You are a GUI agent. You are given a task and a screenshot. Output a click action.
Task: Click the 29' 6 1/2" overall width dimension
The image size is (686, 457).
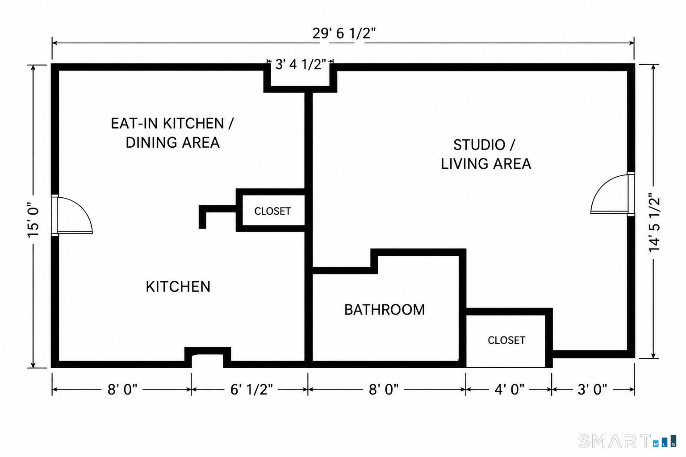pyautogui.click(x=343, y=33)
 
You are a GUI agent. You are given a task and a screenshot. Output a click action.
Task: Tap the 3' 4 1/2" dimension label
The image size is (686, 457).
pyautogui.click(x=301, y=64)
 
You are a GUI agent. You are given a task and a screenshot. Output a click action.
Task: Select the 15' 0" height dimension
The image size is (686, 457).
pyautogui.click(x=33, y=220)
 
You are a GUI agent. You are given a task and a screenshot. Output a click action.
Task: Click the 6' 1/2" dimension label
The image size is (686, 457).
pyautogui.click(x=251, y=389)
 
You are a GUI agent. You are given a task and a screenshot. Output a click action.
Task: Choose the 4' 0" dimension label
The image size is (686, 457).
pyautogui.click(x=509, y=389)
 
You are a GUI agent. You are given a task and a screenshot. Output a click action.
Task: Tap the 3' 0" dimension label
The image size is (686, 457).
pyautogui.click(x=592, y=389)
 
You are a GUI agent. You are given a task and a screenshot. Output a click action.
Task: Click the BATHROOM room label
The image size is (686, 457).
pyautogui.click(x=385, y=310)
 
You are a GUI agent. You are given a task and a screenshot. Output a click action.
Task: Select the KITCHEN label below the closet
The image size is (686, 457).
pyautogui.click(x=178, y=287)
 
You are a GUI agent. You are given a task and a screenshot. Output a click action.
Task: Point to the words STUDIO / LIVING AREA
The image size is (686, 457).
pyautogui.click(x=486, y=154)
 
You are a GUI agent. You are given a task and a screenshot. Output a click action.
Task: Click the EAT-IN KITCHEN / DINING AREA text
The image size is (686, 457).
pyautogui.click(x=172, y=133)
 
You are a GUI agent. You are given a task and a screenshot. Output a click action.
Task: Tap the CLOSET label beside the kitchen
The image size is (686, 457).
pyautogui.click(x=272, y=211)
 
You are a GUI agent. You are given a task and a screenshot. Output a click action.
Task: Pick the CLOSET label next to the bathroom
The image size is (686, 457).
pyautogui.click(x=506, y=341)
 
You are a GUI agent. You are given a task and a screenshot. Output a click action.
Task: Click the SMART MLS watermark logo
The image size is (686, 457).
pyautogui.click(x=628, y=441)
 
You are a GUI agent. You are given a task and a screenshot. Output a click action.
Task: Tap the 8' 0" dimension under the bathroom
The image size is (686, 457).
pyautogui.click(x=384, y=389)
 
